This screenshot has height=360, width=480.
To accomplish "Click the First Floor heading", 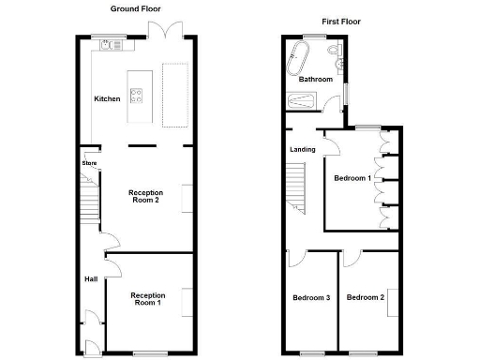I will (x=342, y=21).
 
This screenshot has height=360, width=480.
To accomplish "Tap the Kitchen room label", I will (x=107, y=98).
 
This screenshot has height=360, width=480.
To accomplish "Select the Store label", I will (x=89, y=163).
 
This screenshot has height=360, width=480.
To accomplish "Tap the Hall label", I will (x=90, y=278).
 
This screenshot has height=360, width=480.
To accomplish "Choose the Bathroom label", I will (x=315, y=80).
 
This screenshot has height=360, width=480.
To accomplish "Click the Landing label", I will (x=303, y=149).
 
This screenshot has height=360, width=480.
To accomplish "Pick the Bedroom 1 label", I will (x=353, y=177).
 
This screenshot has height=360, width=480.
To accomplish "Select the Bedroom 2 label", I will (x=365, y=297).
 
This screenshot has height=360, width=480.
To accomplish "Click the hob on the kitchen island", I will (x=135, y=93).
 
